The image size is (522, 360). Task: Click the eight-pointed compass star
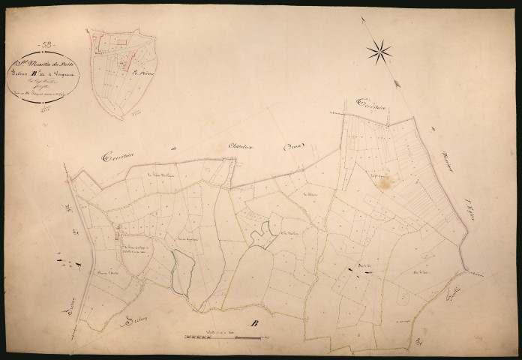(379, 51)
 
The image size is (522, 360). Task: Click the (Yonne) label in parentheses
(295, 148)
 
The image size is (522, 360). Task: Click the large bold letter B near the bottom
(253, 323)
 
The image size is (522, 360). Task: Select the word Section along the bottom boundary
(134, 322)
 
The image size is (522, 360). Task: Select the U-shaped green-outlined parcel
(260, 235)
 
